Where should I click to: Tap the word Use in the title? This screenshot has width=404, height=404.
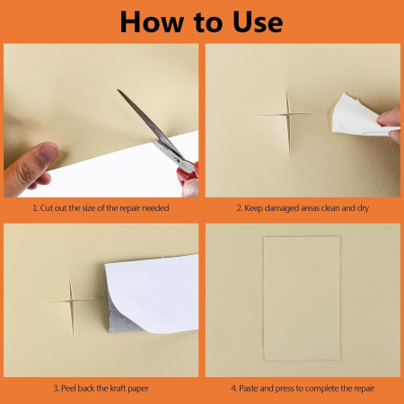258,22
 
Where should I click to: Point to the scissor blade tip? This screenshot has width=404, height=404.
118,90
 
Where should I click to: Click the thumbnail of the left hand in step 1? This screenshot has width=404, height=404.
48,153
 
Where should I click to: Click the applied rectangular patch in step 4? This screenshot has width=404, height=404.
302,298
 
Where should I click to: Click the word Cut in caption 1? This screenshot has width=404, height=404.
47,208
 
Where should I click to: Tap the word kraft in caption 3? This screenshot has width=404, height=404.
118,389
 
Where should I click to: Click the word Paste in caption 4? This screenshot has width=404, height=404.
249,389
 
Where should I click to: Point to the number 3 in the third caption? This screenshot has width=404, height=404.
56,389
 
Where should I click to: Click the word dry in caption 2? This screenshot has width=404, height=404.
363,208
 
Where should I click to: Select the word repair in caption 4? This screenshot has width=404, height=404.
364,389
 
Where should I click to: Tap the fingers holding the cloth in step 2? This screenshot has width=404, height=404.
390,124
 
